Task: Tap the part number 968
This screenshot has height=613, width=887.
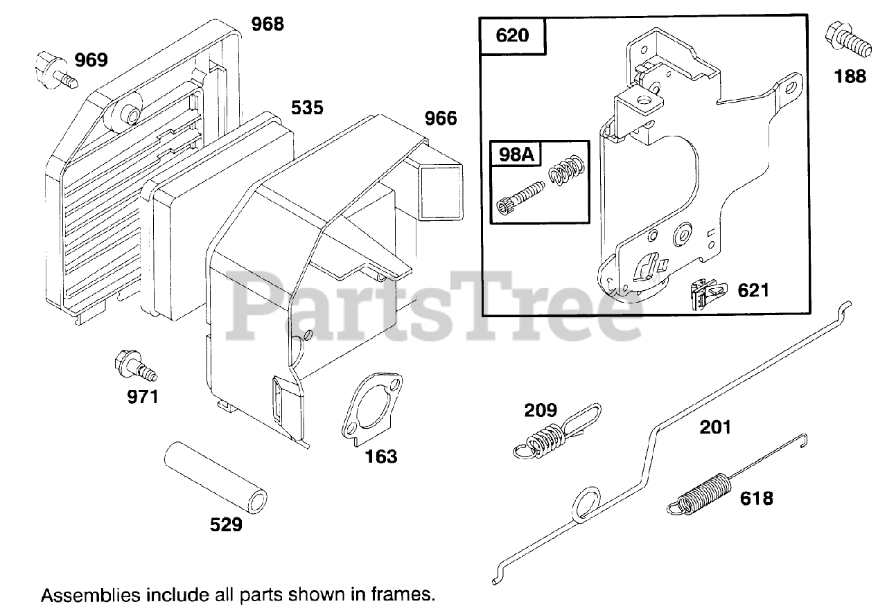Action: click(267, 24)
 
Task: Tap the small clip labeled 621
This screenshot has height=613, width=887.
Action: click(706, 294)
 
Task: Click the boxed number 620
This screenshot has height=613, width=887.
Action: click(513, 34)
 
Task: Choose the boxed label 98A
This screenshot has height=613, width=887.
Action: click(517, 154)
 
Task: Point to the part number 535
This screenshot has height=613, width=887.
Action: click(307, 108)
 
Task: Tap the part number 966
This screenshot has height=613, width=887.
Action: click(441, 118)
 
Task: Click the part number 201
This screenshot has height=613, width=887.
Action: click(715, 427)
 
